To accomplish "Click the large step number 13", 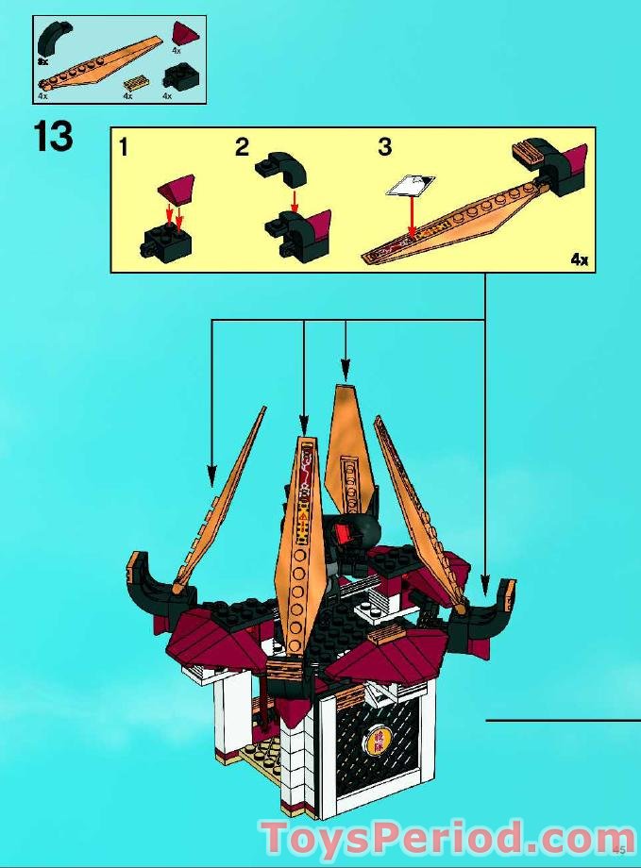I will [x=54, y=137].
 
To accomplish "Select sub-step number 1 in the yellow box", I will [x=125, y=147].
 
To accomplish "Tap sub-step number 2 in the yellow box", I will [x=243, y=147].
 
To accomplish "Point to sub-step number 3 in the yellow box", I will [x=384, y=147].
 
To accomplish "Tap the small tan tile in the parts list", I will [x=137, y=82].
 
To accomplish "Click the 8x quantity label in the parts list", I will [x=43, y=60].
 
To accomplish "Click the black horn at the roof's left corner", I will [x=148, y=584].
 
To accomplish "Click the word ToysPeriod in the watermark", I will [x=387, y=838].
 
